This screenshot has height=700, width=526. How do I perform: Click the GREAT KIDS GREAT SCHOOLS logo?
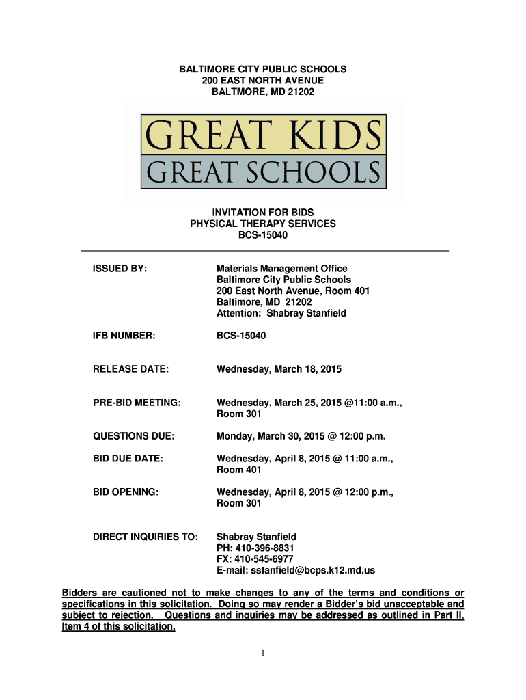point(264,152)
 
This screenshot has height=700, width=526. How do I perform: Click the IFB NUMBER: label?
point(124,336)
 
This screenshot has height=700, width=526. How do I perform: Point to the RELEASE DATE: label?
point(130,369)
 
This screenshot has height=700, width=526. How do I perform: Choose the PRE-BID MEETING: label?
point(137,403)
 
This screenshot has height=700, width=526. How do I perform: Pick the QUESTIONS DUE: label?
point(133,436)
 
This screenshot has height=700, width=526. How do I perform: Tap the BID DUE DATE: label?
point(128,459)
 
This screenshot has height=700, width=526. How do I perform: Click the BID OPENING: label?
point(126,492)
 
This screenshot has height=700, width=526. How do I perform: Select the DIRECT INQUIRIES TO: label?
point(146,537)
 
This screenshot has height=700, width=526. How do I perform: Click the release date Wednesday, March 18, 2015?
point(279,369)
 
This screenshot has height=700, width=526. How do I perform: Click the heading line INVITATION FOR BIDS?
point(263,213)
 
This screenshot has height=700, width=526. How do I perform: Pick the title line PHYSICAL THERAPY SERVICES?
point(263,224)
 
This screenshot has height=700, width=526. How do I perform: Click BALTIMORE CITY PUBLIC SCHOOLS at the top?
point(263,69)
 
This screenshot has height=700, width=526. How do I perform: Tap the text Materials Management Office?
point(281,269)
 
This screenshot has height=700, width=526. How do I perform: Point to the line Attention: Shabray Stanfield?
point(281,313)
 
